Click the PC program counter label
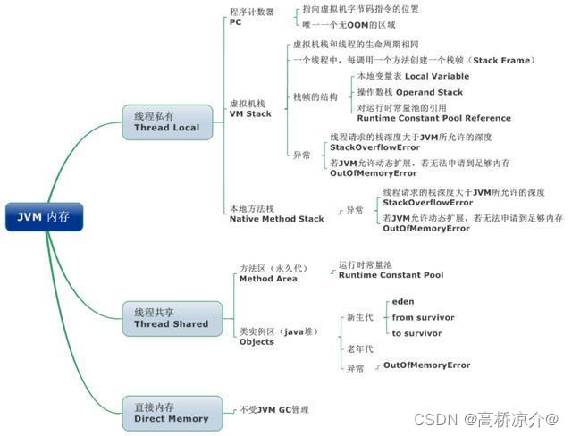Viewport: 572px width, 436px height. (x=235, y=22)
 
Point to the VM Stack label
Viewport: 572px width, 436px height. (x=250, y=113)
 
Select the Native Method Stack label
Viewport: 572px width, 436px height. (x=276, y=218)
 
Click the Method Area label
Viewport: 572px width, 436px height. (x=268, y=279)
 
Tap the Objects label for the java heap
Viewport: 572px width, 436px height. (x=257, y=342)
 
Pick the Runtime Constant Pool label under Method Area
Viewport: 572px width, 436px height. (x=390, y=275)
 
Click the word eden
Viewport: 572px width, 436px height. (x=403, y=302)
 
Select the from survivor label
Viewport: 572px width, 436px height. (x=423, y=317)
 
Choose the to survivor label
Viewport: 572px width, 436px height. (x=416, y=333)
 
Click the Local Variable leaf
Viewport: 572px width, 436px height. (x=412, y=77)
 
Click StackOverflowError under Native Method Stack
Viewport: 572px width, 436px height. (x=428, y=203)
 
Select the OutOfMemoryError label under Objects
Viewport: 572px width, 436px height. (x=426, y=365)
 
